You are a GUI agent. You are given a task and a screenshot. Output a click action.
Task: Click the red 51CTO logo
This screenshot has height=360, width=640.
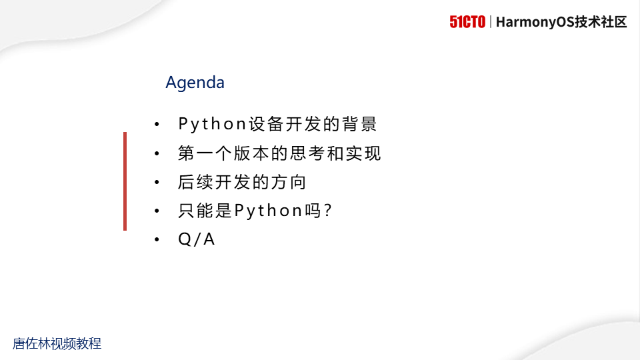tap(467, 22)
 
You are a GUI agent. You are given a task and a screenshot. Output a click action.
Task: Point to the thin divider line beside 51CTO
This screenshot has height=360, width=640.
tap(491, 22)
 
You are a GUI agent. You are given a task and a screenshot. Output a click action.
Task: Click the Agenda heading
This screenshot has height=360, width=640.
tap(195, 83)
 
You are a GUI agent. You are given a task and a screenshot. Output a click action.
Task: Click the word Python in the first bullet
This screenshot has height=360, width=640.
tap(213, 124)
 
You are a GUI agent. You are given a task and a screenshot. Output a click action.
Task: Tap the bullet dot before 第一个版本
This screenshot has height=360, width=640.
tap(157, 153)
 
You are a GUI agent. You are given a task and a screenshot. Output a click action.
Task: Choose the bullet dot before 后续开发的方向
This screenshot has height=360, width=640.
tap(157, 182)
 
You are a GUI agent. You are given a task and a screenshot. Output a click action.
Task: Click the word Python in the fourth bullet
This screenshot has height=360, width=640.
tap(269, 211)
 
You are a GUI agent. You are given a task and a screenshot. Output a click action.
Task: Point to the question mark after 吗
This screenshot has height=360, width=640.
tap(327, 211)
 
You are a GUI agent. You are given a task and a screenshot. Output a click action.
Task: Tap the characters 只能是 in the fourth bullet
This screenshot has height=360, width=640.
tap(205, 211)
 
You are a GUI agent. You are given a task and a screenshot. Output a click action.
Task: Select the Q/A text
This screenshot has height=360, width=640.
tap(197, 240)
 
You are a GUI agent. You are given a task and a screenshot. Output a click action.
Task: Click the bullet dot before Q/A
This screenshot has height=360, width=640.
tap(157, 240)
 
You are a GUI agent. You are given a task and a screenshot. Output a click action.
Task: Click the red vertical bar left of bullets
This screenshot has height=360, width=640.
tap(125, 181)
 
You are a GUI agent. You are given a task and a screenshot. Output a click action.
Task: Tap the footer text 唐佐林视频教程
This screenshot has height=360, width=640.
tap(57, 344)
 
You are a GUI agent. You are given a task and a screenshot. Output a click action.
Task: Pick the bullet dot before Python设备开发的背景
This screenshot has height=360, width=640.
tap(157, 125)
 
